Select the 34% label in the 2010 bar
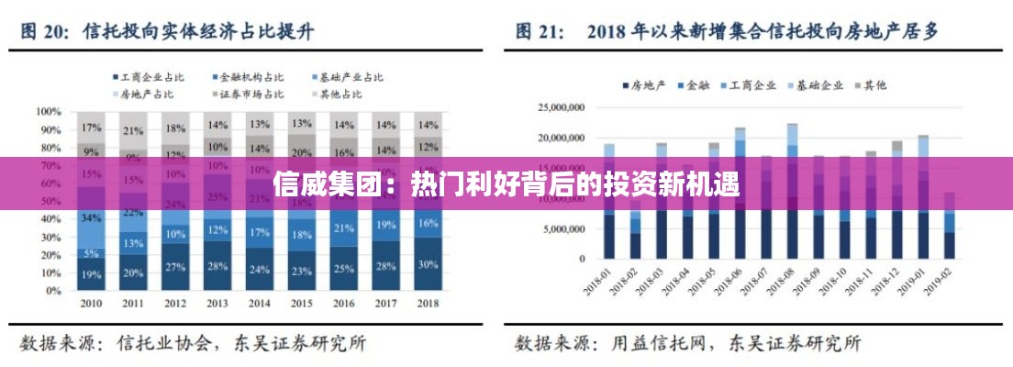[x=91, y=218]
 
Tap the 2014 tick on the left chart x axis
[x=260, y=304]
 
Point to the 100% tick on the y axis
[x=48, y=111]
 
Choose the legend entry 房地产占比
[x=147, y=93]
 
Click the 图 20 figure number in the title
[x=40, y=31]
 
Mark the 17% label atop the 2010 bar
[x=91, y=128]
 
